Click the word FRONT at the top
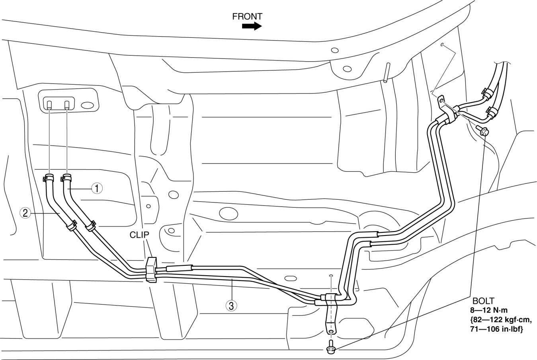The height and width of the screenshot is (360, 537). (x=247, y=16)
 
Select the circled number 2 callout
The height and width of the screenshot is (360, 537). (x=25, y=213)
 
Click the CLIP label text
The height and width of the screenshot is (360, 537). (x=139, y=235)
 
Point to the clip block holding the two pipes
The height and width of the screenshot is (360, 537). (x=152, y=269)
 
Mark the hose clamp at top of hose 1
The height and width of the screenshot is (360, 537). (x=66, y=176)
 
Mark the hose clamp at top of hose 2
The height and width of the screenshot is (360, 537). (x=48, y=176)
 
